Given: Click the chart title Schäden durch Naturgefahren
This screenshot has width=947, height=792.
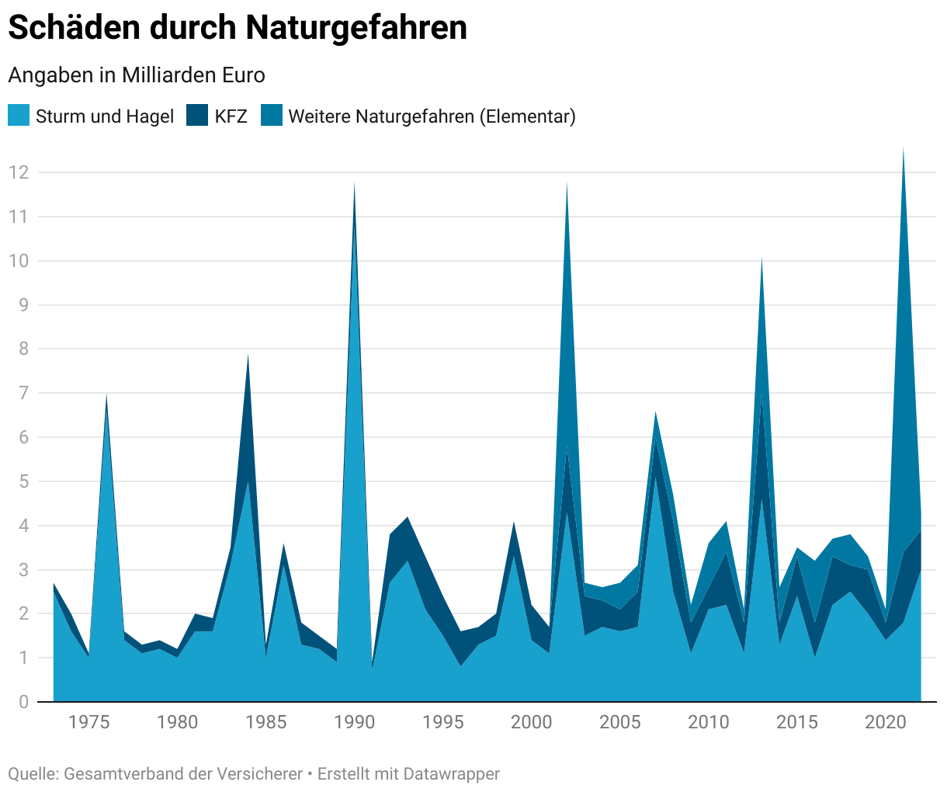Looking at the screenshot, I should pyautogui.click(x=237, y=28).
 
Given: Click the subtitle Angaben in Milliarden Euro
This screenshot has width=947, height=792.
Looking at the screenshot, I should pyautogui.click(x=137, y=75).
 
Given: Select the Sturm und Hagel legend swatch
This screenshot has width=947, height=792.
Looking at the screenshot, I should pyautogui.click(x=19, y=116).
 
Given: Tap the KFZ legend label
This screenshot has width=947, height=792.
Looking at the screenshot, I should pyautogui.click(x=231, y=116).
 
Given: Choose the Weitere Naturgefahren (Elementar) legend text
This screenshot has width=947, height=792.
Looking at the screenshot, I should pyautogui.click(x=432, y=116).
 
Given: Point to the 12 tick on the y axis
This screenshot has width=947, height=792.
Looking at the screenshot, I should pyautogui.click(x=19, y=172).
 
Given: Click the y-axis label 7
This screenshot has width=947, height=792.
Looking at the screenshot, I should pyautogui.click(x=23, y=393).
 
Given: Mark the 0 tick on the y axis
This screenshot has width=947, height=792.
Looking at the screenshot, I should pyautogui.click(x=23, y=702).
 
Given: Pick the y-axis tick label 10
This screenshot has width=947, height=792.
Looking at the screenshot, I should pyautogui.click(x=19, y=261).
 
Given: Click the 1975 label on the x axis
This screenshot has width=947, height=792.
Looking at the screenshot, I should pyautogui.click(x=88, y=722).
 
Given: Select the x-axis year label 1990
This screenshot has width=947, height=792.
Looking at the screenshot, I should pyautogui.click(x=355, y=722).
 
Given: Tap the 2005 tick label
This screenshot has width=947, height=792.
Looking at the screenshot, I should pyautogui.click(x=620, y=722).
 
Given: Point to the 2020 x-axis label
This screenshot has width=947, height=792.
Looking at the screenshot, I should pyautogui.click(x=886, y=722).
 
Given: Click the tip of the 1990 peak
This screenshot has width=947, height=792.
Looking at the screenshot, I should pyautogui.click(x=355, y=183).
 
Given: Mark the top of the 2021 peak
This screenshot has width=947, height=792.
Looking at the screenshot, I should pyautogui.click(x=904, y=148).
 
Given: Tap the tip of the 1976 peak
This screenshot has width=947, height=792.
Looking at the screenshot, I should pyautogui.click(x=106, y=394).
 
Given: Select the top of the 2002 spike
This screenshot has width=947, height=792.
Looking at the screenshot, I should pyautogui.click(x=567, y=183).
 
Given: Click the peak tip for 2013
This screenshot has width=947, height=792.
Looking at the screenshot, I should pyautogui.click(x=762, y=257).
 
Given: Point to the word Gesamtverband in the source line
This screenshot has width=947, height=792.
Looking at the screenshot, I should pyautogui.click(x=116, y=773).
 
